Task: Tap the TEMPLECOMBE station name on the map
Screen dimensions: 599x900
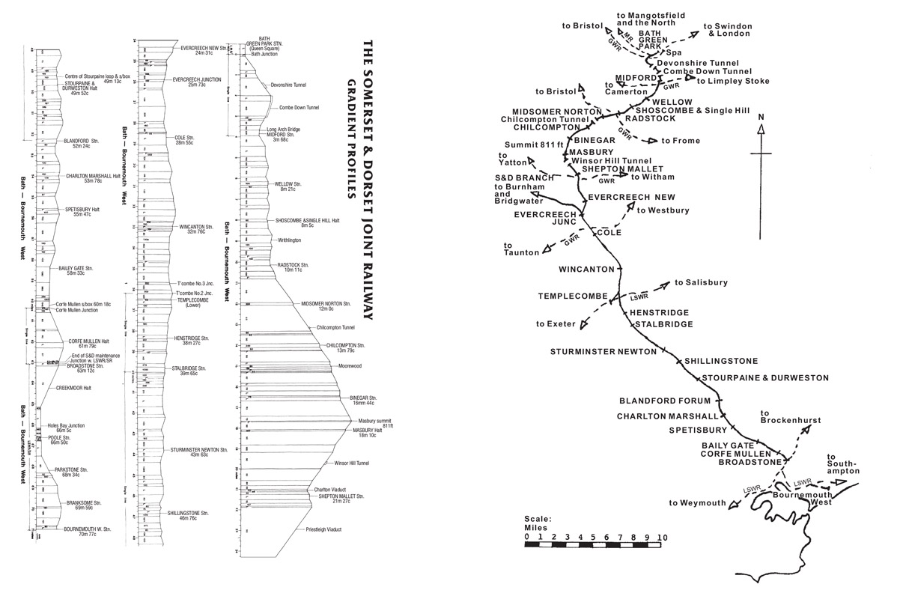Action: (x=571, y=297)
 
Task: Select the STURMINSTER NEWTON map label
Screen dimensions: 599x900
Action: (x=603, y=351)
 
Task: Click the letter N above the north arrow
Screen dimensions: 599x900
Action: (x=761, y=117)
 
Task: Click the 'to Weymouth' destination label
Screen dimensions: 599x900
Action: (x=697, y=502)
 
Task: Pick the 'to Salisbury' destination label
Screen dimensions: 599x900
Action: (x=701, y=283)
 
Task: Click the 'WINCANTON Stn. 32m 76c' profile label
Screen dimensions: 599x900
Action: (x=197, y=229)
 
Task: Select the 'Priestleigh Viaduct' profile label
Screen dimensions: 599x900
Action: (x=324, y=529)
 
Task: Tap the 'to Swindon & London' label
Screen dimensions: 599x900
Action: (x=728, y=30)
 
